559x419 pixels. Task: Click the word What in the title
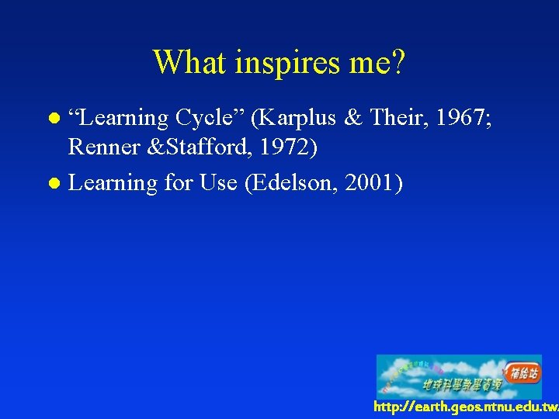point(186,62)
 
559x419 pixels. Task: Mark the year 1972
point(276,146)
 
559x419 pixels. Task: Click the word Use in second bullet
point(223,183)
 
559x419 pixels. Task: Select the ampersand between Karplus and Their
point(353,119)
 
